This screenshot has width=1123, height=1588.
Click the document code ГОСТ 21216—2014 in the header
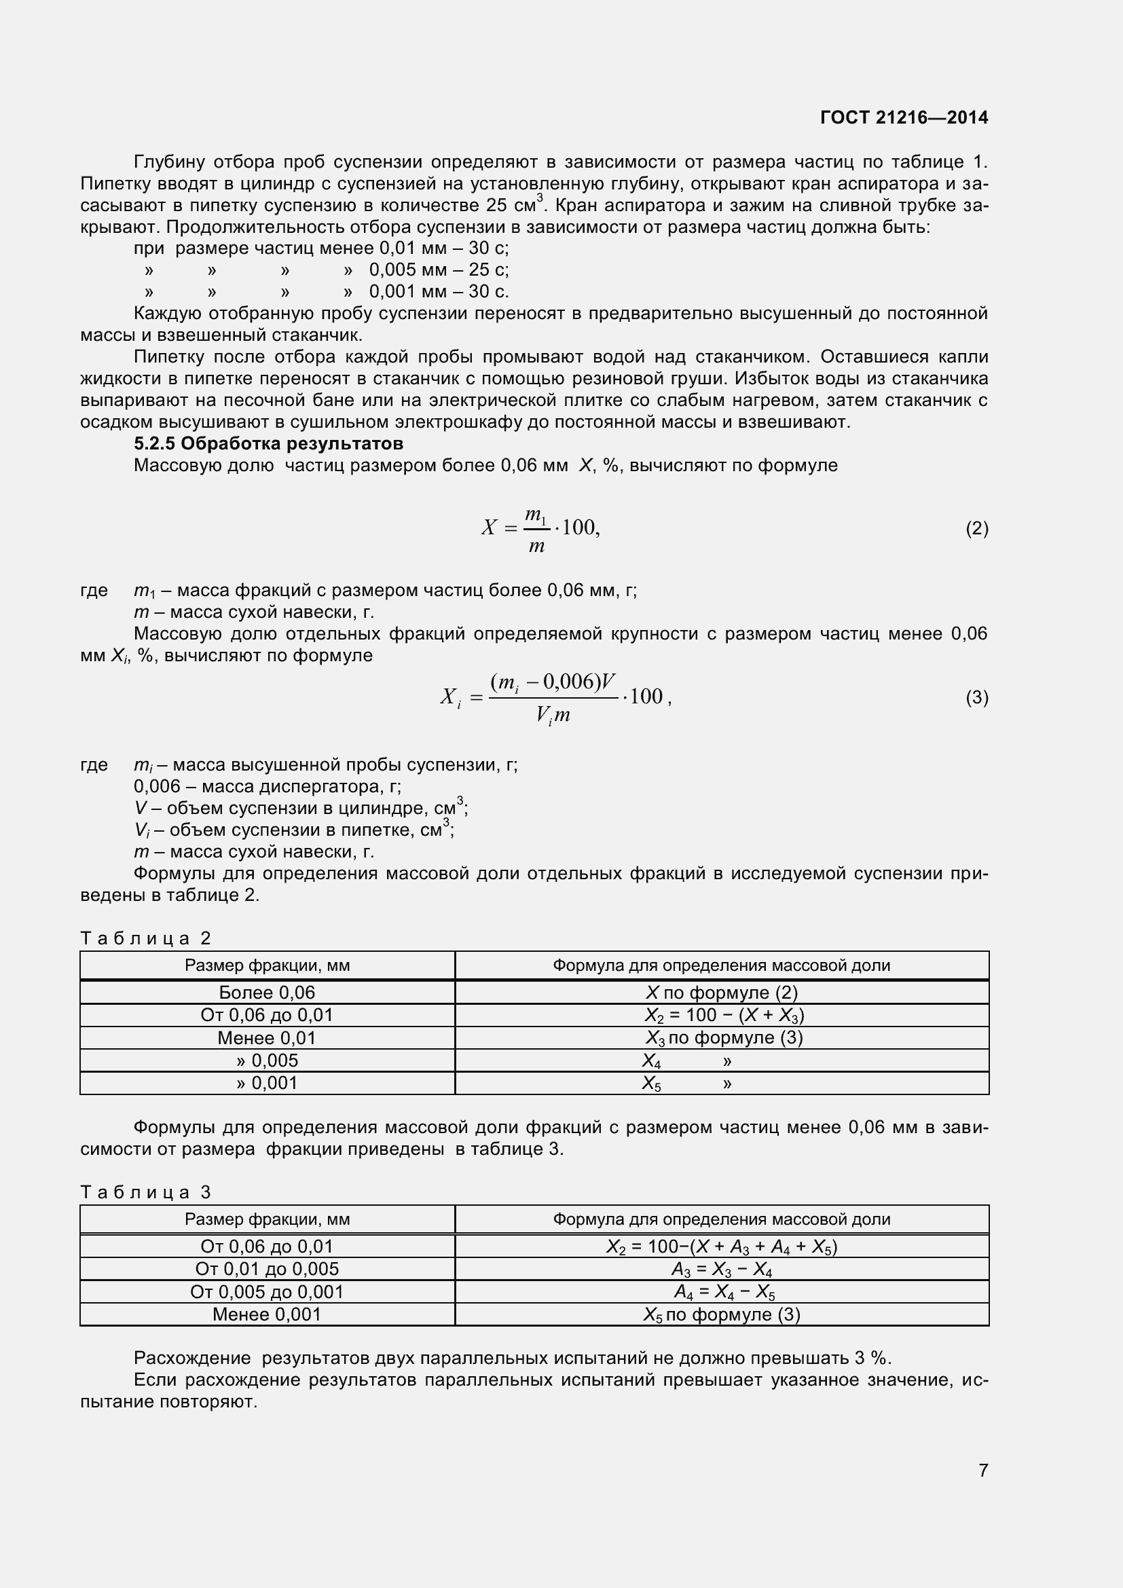click(904, 117)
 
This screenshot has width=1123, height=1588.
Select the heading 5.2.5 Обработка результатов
click(268, 443)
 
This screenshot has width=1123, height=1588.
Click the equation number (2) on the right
click(976, 529)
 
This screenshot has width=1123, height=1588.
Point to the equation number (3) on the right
click(976, 698)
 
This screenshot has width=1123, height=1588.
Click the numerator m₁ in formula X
click(535, 515)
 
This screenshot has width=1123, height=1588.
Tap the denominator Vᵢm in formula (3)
click(553, 715)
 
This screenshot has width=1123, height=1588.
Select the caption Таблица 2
click(145, 938)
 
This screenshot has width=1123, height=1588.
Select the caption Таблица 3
click(145, 1192)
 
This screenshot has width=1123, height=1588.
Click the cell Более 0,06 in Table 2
click(267, 993)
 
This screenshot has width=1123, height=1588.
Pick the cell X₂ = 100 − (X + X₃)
click(724, 1015)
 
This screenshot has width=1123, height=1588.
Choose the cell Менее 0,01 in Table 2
click(267, 1037)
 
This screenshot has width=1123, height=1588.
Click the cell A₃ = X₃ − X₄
click(721, 1269)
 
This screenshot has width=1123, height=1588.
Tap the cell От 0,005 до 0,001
click(267, 1292)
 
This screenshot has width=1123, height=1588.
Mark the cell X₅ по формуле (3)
click(721, 1314)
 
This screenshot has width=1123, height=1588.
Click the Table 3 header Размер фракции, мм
click(267, 1219)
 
